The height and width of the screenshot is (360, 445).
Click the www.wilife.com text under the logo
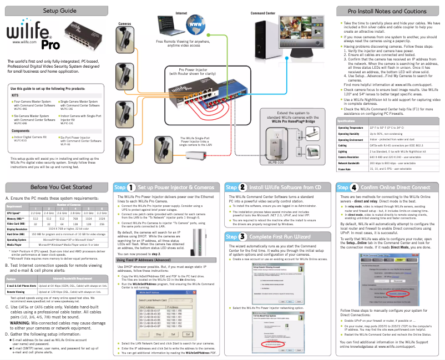click(x=24, y=42)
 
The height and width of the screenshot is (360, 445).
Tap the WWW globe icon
click(x=196, y=24)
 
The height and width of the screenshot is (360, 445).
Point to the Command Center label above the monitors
click(x=263, y=13)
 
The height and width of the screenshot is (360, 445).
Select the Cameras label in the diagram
click(x=124, y=24)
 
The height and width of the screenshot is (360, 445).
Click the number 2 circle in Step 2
click(x=243, y=187)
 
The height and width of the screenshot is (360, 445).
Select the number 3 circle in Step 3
click(x=243, y=237)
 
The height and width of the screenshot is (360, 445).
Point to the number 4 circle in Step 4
click(x=354, y=187)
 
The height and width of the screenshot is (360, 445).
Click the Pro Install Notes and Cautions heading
click(x=387, y=11)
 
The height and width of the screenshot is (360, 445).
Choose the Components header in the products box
click(x=21, y=115)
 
